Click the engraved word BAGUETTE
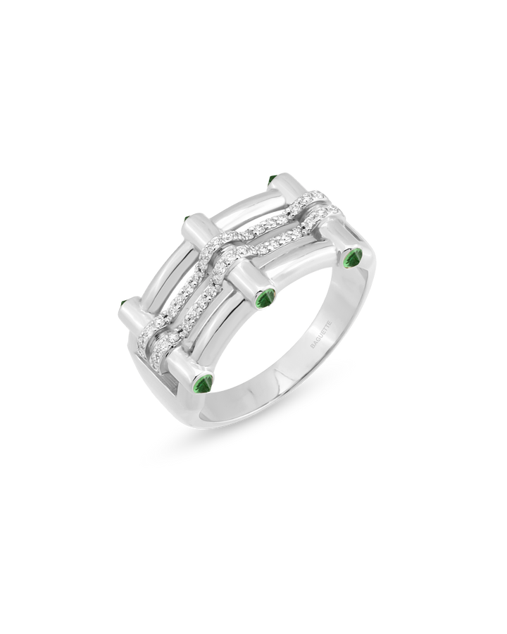320,335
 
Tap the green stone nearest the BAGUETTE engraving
353,259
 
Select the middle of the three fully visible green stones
266,299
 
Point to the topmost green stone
271,179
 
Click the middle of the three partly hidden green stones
187,219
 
